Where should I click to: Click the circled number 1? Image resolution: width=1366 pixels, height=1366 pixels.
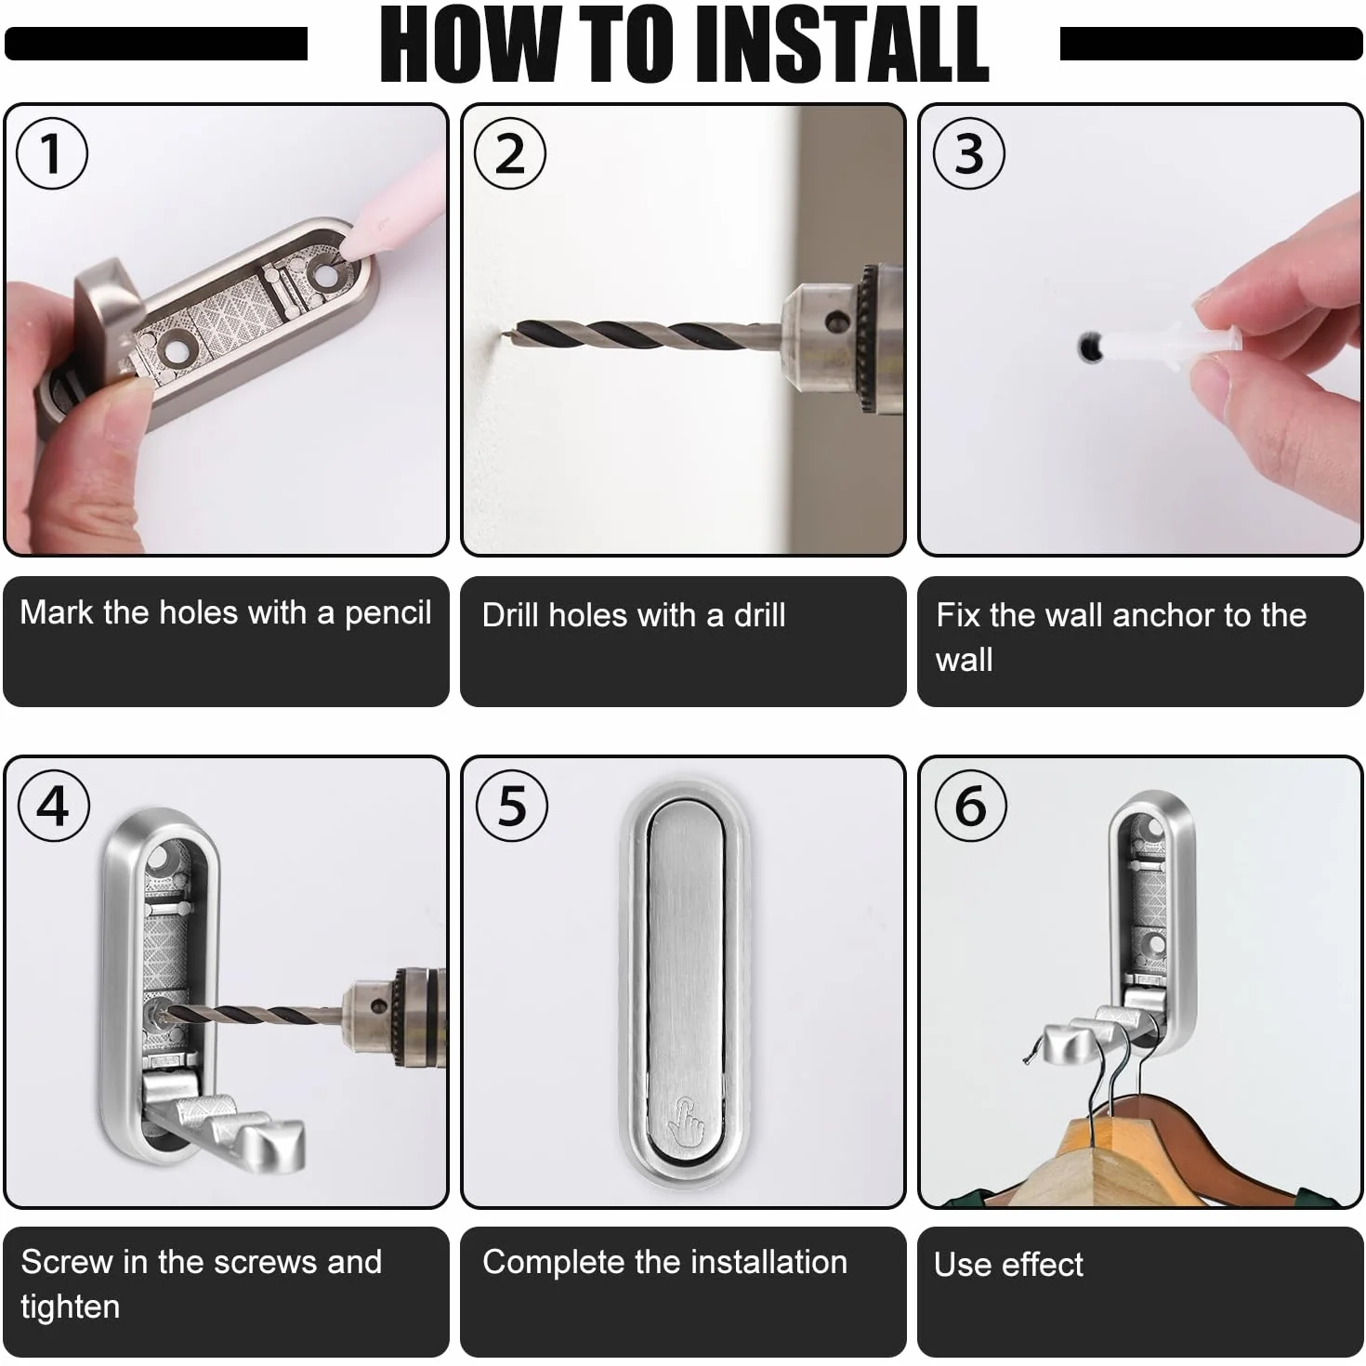52,153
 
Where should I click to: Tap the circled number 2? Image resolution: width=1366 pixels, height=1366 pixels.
509,153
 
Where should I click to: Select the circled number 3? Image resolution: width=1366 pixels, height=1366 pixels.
968,153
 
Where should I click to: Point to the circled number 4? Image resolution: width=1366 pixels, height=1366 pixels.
53,806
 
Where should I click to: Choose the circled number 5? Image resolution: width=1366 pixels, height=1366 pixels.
512,806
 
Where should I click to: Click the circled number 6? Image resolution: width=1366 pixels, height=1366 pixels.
970,806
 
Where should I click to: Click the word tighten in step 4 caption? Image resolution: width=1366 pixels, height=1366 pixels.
71,1307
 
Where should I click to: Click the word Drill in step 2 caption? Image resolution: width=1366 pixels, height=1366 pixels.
511,615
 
